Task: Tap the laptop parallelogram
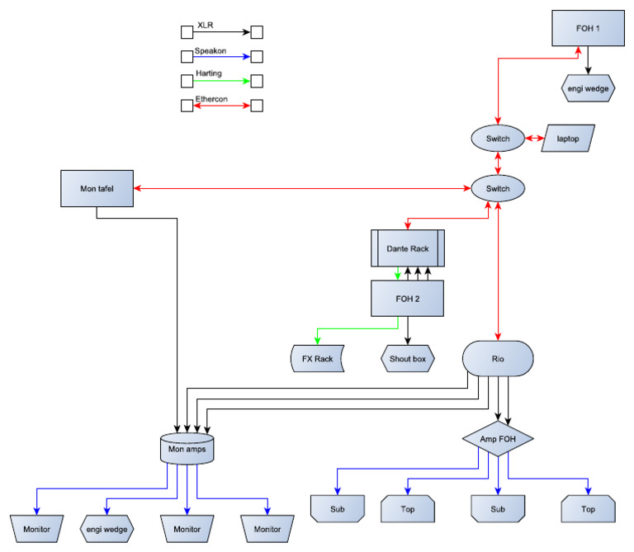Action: [x=568, y=139]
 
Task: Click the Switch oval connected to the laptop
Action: [x=498, y=139]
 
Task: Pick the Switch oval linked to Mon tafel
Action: [x=498, y=189]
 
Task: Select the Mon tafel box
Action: [x=97, y=189]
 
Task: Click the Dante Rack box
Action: [x=406, y=248]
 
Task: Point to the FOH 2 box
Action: [x=406, y=299]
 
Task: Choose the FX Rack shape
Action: [x=317, y=360]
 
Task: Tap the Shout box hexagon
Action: [x=408, y=360]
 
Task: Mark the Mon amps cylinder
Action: [x=186, y=449]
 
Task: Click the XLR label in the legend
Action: [x=205, y=26]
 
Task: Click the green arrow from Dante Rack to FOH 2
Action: [x=398, y=272]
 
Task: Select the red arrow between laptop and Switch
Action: [x=533, y=139]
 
